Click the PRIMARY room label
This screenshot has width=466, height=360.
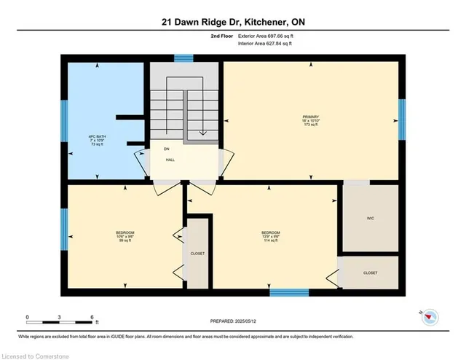point(312,120)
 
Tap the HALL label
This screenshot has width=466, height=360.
point(170,160)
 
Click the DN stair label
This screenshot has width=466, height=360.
point(166,149)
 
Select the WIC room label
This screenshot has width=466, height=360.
point(371,217)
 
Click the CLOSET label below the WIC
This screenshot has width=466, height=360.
point(371,272)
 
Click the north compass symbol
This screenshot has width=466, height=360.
point(430,315)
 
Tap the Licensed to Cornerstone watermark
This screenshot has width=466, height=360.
point(35,354)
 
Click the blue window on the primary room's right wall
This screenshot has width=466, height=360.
point(401,119)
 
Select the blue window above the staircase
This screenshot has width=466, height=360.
point(184,58)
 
